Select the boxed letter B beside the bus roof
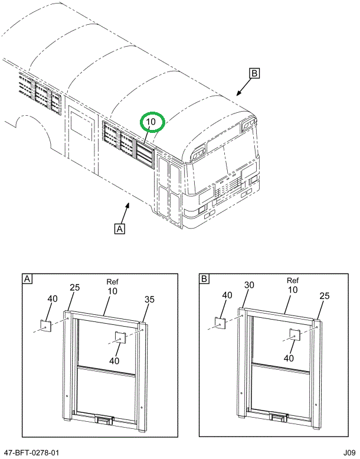(x=254, y=73)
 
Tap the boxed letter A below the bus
(x=120, y=228)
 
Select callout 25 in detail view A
(x=75, y=288)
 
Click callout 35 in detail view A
(x=149, y=300)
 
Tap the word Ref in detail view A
(x=113, y=282)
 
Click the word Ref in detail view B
(x=292, y=281)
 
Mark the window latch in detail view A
(x=103, y=419)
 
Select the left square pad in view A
(x=45, y=325)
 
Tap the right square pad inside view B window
(x=294, y=335)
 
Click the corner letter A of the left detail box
(x=27, y=278)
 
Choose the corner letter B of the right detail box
(x=204, y=278)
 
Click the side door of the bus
(x=81, y=139)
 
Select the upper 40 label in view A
(x=53, y=299)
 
